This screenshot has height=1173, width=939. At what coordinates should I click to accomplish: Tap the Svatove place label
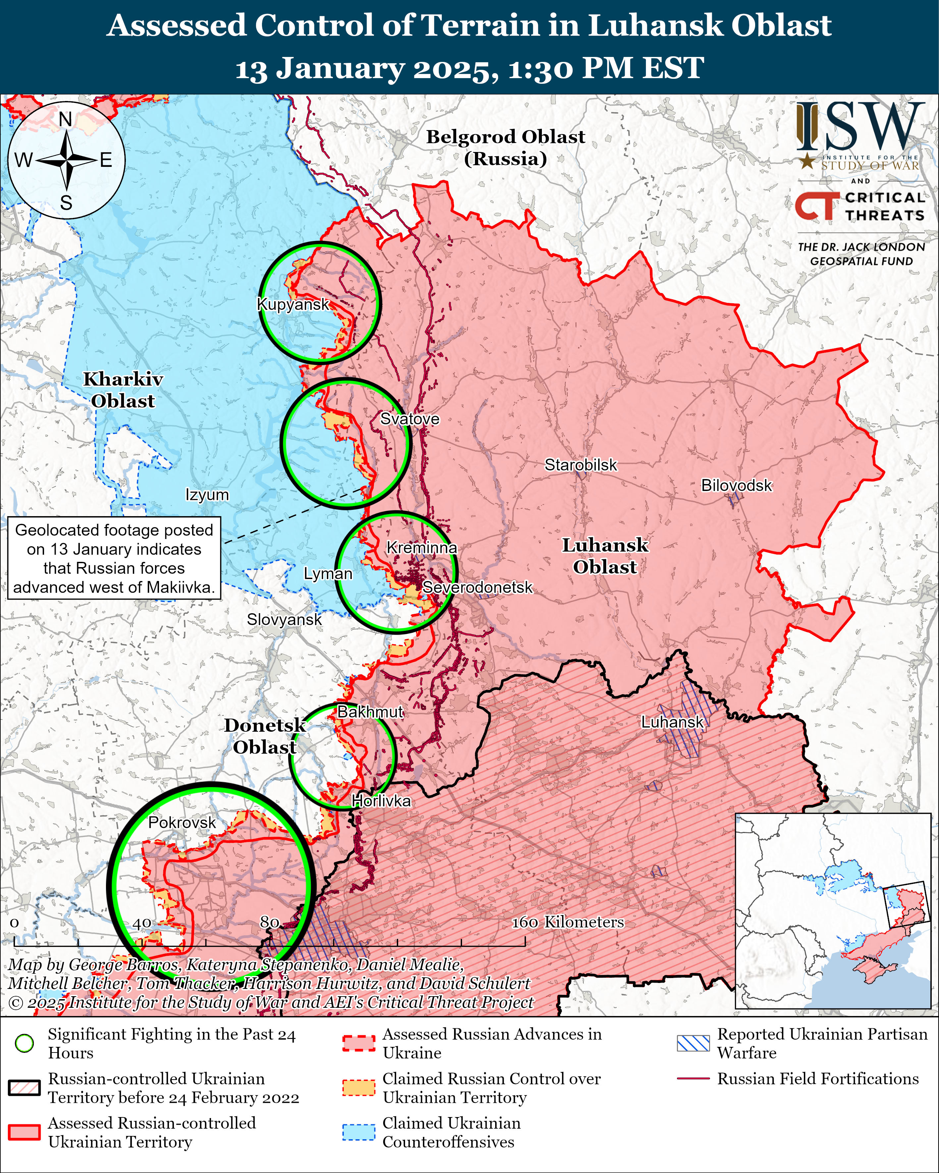tap(409, 419)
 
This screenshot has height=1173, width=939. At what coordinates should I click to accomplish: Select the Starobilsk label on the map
tap(581, 465)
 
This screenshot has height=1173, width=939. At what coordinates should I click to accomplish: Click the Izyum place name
tap(207, 495)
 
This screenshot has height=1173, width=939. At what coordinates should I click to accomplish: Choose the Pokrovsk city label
tap(182, 823)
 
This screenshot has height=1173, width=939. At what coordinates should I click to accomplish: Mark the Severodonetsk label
tap(477, 588)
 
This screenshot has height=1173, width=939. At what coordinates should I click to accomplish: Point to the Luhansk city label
tap(672, 722)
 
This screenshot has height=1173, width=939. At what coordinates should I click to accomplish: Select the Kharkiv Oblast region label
tap(123, 390)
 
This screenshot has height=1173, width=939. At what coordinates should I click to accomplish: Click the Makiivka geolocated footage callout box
tap(114, 558)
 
